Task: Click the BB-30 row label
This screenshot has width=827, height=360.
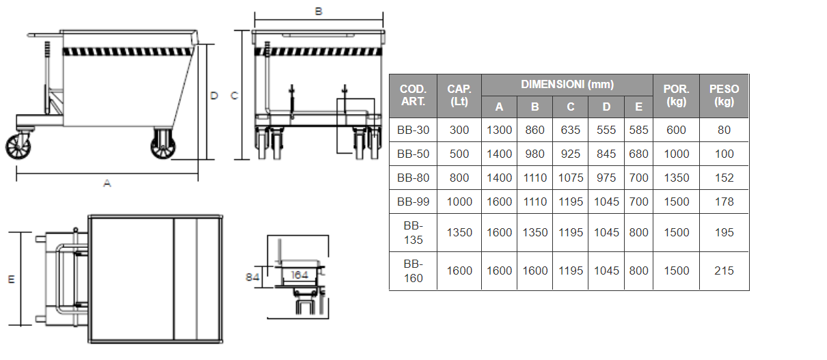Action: pyautogui.click(x=413, y=130)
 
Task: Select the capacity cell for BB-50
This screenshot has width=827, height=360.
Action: pyautogui.click(x=459, y=154)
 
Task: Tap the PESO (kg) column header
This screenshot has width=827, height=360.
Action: pyautogui.click(x=724, y=95)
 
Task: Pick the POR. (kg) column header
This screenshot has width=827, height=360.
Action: pyautogui.click(x=676, y=95)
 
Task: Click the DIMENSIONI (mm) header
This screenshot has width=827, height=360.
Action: pyautogui.click(x=567, y=85)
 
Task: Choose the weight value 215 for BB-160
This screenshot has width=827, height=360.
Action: pyautogui.click(x=724, y=271)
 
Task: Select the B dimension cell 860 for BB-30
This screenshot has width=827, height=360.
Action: pyautogui.click(x=534, y=130)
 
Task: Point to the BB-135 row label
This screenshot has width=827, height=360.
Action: pyautogui.click(x=413, y=232)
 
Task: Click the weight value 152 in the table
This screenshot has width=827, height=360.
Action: pyautogui.click(x=724, y=178)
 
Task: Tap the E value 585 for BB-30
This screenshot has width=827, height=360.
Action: pyautogui.click(x=638, y=130)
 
